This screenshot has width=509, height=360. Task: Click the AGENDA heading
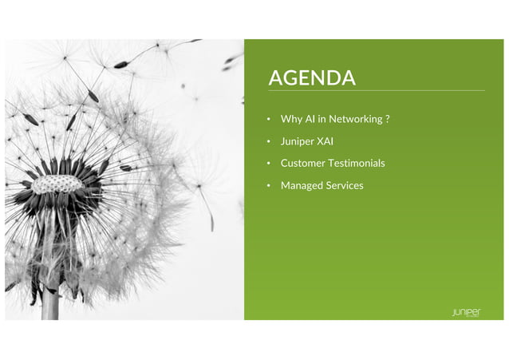(312, 77)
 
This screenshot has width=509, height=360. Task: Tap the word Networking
(354, 119)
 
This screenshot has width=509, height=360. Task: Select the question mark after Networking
(387, 119)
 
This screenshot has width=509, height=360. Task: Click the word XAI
(326, 141)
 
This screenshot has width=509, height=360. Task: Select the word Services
(345, 185)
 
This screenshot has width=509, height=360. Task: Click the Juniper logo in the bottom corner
(466, 311)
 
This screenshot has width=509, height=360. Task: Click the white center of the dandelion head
(57, 184)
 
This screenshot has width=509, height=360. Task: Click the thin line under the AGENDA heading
(375, 90)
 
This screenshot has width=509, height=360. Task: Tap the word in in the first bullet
(322, 119)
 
